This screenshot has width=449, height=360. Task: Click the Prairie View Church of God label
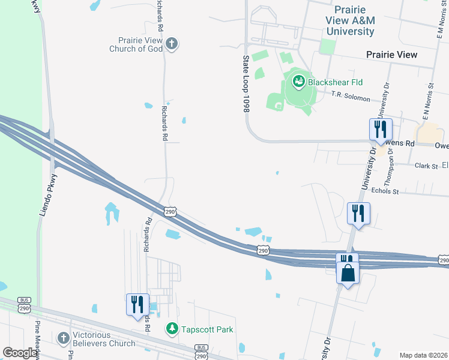coord(136,44)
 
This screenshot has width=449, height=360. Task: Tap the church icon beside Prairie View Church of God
coord(172,43)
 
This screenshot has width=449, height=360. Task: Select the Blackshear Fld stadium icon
coord(298,80)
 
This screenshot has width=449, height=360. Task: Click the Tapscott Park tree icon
coord(172,329)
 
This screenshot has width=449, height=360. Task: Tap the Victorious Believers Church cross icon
coord(64,338)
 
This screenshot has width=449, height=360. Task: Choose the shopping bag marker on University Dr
coord(348,273)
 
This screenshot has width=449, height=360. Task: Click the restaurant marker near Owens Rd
coord(381,129)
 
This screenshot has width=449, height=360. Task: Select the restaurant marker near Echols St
coord(358,213)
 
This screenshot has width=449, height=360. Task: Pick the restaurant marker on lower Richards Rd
coord(137,304)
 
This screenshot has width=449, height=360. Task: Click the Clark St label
coord(426,166)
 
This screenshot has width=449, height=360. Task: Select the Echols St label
coord(385,191)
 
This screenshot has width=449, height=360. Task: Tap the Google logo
coord(20,353)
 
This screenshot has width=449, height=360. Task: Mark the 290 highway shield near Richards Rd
coord(170,212)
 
